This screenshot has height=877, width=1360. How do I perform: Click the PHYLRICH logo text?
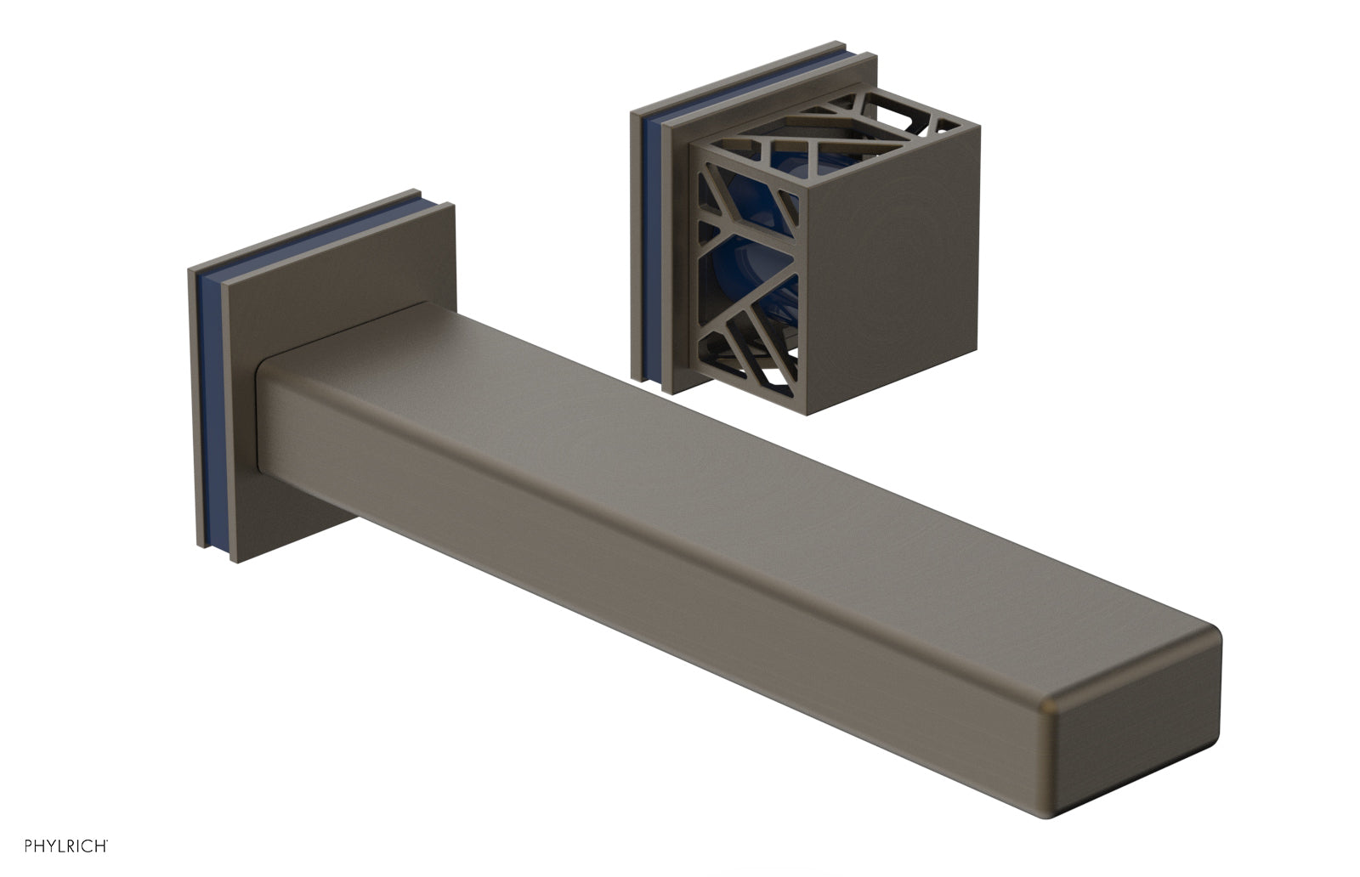click(x=66, y=846)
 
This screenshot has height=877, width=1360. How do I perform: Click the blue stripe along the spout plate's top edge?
click(x=314, y=233)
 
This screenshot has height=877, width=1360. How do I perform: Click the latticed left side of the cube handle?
click(x=747, y=273)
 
